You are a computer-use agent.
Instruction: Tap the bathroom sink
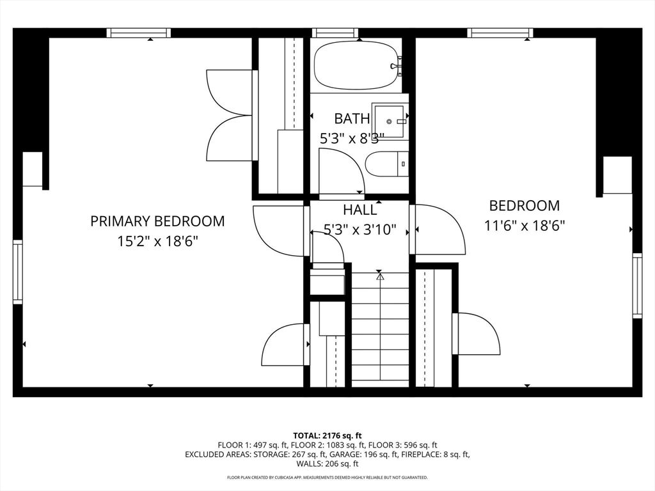tap(390, 121)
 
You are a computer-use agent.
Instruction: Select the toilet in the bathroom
tap(386, 164)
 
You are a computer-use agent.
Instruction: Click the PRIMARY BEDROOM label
tap(157, 221)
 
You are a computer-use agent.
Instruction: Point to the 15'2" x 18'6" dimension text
tap(157, 242)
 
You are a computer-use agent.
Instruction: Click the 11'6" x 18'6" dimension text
tap(525, 226)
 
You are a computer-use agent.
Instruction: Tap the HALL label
tap(359, 210)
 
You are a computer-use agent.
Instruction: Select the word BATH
tap(352, 118)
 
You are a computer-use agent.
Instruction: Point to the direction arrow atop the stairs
tap(380, 276)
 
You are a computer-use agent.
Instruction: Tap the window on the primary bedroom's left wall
tap(17, 272)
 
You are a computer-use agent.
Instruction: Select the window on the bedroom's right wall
tap(637, 285)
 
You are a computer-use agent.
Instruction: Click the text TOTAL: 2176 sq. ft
tap(327, 435)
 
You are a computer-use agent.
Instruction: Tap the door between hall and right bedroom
tap(438, 229)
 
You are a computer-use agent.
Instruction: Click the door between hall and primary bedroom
tap(279, 230)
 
